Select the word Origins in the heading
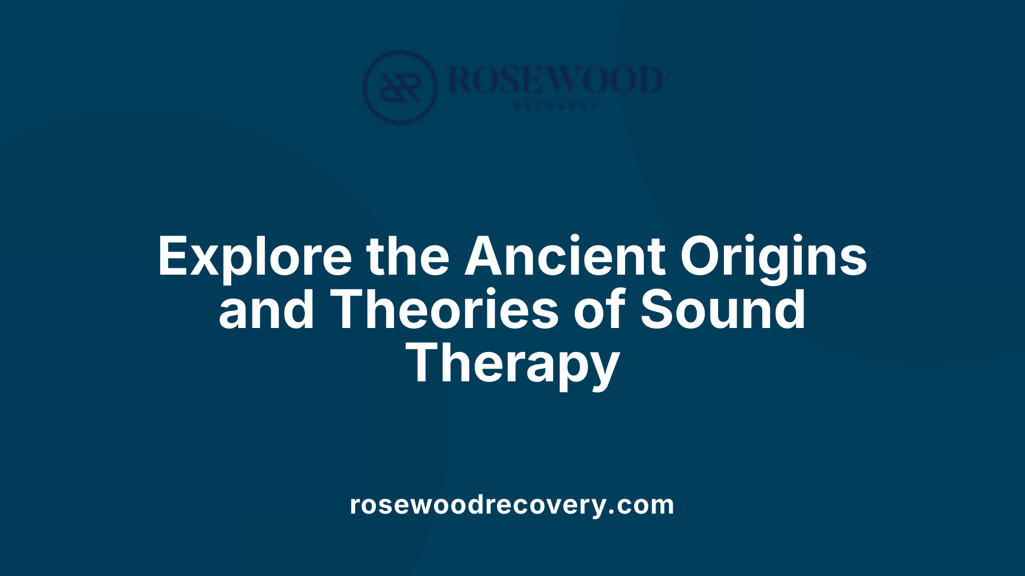[773, 257]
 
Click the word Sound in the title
[723, 309]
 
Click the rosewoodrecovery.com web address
[512, 505]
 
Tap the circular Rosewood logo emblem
[400, 87]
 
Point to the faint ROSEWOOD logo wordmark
[555, 80]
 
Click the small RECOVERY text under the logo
[555, 106]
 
